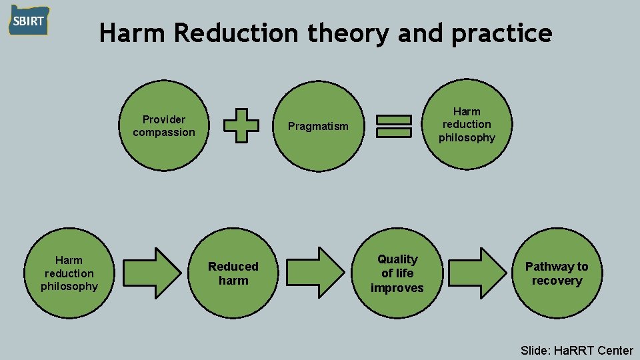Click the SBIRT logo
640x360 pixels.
pos(29,21)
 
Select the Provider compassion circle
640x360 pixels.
pos(164,126)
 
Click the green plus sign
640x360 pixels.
pos(241,126)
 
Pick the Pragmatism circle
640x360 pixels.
pos(317,127)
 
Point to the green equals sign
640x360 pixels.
pos(393,126)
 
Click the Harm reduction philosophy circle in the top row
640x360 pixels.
pos(467,125)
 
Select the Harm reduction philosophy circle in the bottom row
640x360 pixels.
pos(69,273)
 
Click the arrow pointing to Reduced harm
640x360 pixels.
pos(152,273)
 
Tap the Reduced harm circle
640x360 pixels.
pos(233,273)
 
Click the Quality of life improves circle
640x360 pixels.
pos(397,273)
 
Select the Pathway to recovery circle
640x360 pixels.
pos(557,273)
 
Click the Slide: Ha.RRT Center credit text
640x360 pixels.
pos(577,350)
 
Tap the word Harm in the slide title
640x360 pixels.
pos(135,32)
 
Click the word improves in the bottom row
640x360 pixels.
pos(397,288)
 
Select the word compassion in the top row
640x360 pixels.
pos(164,132)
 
